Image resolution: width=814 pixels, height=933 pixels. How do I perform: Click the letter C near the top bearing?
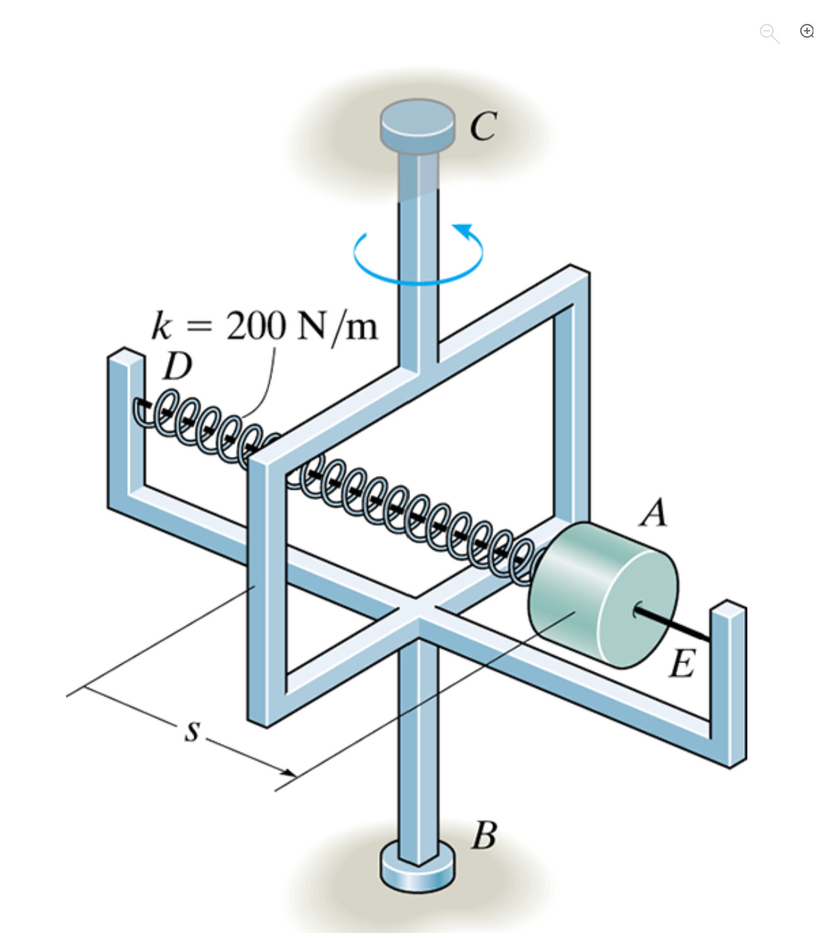483,126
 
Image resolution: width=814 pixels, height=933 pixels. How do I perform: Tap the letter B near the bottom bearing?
484,836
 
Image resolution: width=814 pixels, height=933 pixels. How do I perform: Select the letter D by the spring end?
177,367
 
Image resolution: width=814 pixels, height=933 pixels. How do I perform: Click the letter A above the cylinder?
654,513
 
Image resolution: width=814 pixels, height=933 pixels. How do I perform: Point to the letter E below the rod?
683,664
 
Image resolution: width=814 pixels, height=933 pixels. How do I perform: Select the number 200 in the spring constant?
256,326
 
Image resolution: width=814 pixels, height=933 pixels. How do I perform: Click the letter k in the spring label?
162,326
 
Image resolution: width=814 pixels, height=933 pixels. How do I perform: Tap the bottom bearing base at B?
417,871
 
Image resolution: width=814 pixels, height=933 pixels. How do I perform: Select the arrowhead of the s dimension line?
289,772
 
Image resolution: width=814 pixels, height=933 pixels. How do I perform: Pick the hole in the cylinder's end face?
637,609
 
